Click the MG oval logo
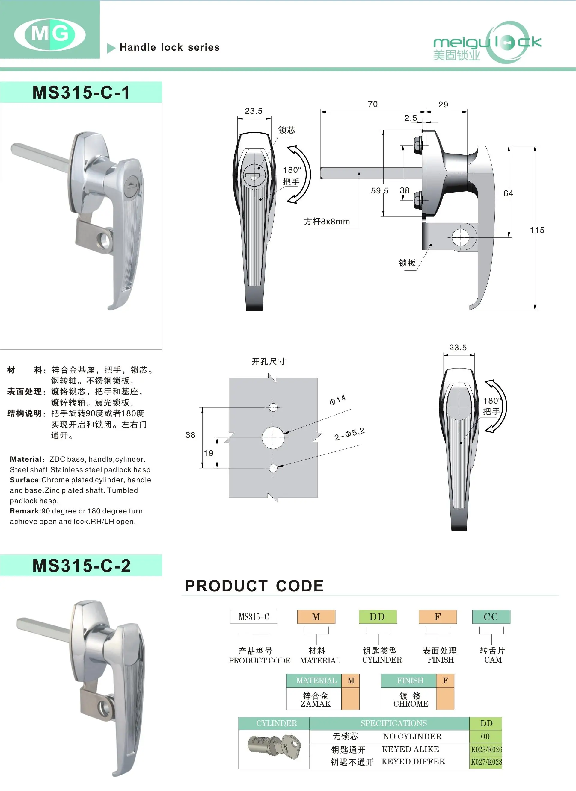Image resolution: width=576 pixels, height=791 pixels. click(50, 34)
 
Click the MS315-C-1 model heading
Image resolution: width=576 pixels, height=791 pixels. click(81, 93)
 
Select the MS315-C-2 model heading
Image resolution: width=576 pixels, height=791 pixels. click(81, 565)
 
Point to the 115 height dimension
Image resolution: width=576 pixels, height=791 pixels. click(537, 230)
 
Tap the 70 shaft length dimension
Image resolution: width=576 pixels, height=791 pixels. click(373, 104)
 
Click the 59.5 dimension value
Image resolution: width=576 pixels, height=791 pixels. click(379, 191)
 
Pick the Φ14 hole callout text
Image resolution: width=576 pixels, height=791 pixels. click(337, 400)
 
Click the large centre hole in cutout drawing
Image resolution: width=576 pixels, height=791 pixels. click(273, 437)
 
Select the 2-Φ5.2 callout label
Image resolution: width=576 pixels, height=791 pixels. click(349, 434)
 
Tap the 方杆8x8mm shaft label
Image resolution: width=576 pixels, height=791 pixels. click(327, 222)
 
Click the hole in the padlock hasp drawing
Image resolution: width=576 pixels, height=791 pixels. click(460, 237)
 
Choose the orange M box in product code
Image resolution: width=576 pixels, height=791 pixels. click(316, 617)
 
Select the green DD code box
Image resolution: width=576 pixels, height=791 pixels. click(378, 617)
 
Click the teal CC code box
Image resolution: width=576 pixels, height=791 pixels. click(491, 617)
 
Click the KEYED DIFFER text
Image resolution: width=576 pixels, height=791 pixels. click(413, 761)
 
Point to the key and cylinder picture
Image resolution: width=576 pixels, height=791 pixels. click(274, 747)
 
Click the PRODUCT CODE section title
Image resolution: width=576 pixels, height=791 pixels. click(254, 586)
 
